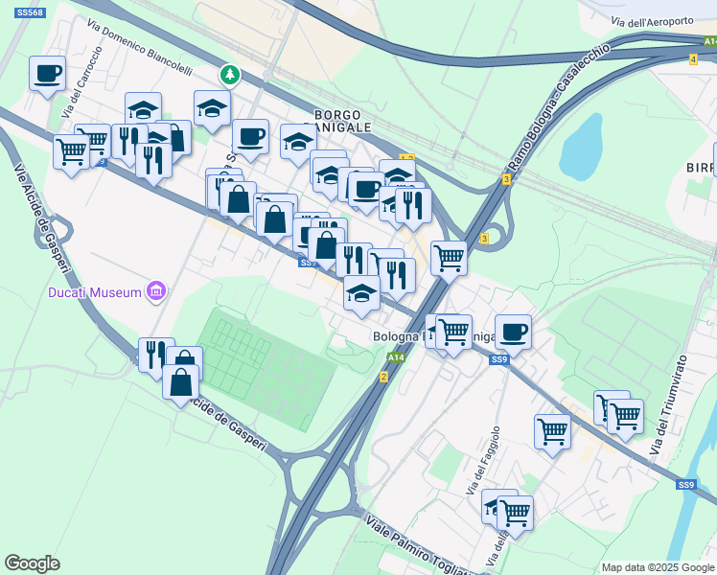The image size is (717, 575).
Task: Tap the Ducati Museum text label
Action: tap(96, 291)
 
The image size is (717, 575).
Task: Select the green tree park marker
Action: tap(229, 74)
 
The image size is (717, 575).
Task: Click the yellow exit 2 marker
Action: tap(383, 377)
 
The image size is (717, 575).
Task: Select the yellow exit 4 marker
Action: tap(692, 59)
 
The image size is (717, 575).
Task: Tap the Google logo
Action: tap(33, 563)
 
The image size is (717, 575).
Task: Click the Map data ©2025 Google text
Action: tap(657, 567)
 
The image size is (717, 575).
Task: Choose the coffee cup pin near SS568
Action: tap(47, 73)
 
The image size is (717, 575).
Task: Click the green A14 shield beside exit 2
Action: tap(396, 357)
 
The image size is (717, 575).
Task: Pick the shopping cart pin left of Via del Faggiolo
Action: tap(552, 431)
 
